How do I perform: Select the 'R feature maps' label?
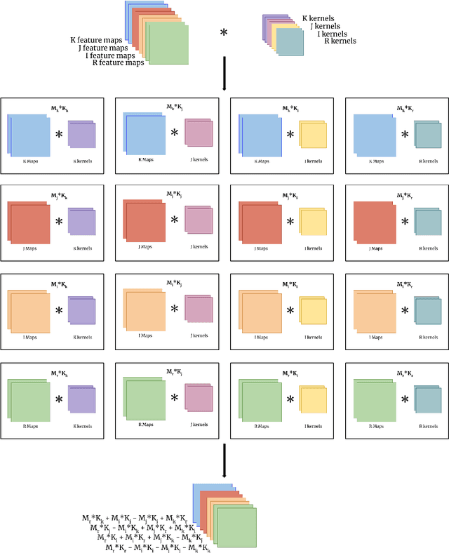coord(118,62)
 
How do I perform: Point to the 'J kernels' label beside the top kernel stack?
coord(326,25)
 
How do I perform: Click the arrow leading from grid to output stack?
coord(223,460)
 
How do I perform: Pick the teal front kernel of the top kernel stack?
coord(289,42)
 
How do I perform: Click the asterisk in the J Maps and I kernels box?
coord(289,221)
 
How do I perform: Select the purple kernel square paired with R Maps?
coord(82,399)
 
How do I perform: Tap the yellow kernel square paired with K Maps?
coord(314,136)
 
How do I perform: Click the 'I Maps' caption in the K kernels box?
coord(29,337)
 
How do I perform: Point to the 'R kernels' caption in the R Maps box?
coord(429,426)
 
